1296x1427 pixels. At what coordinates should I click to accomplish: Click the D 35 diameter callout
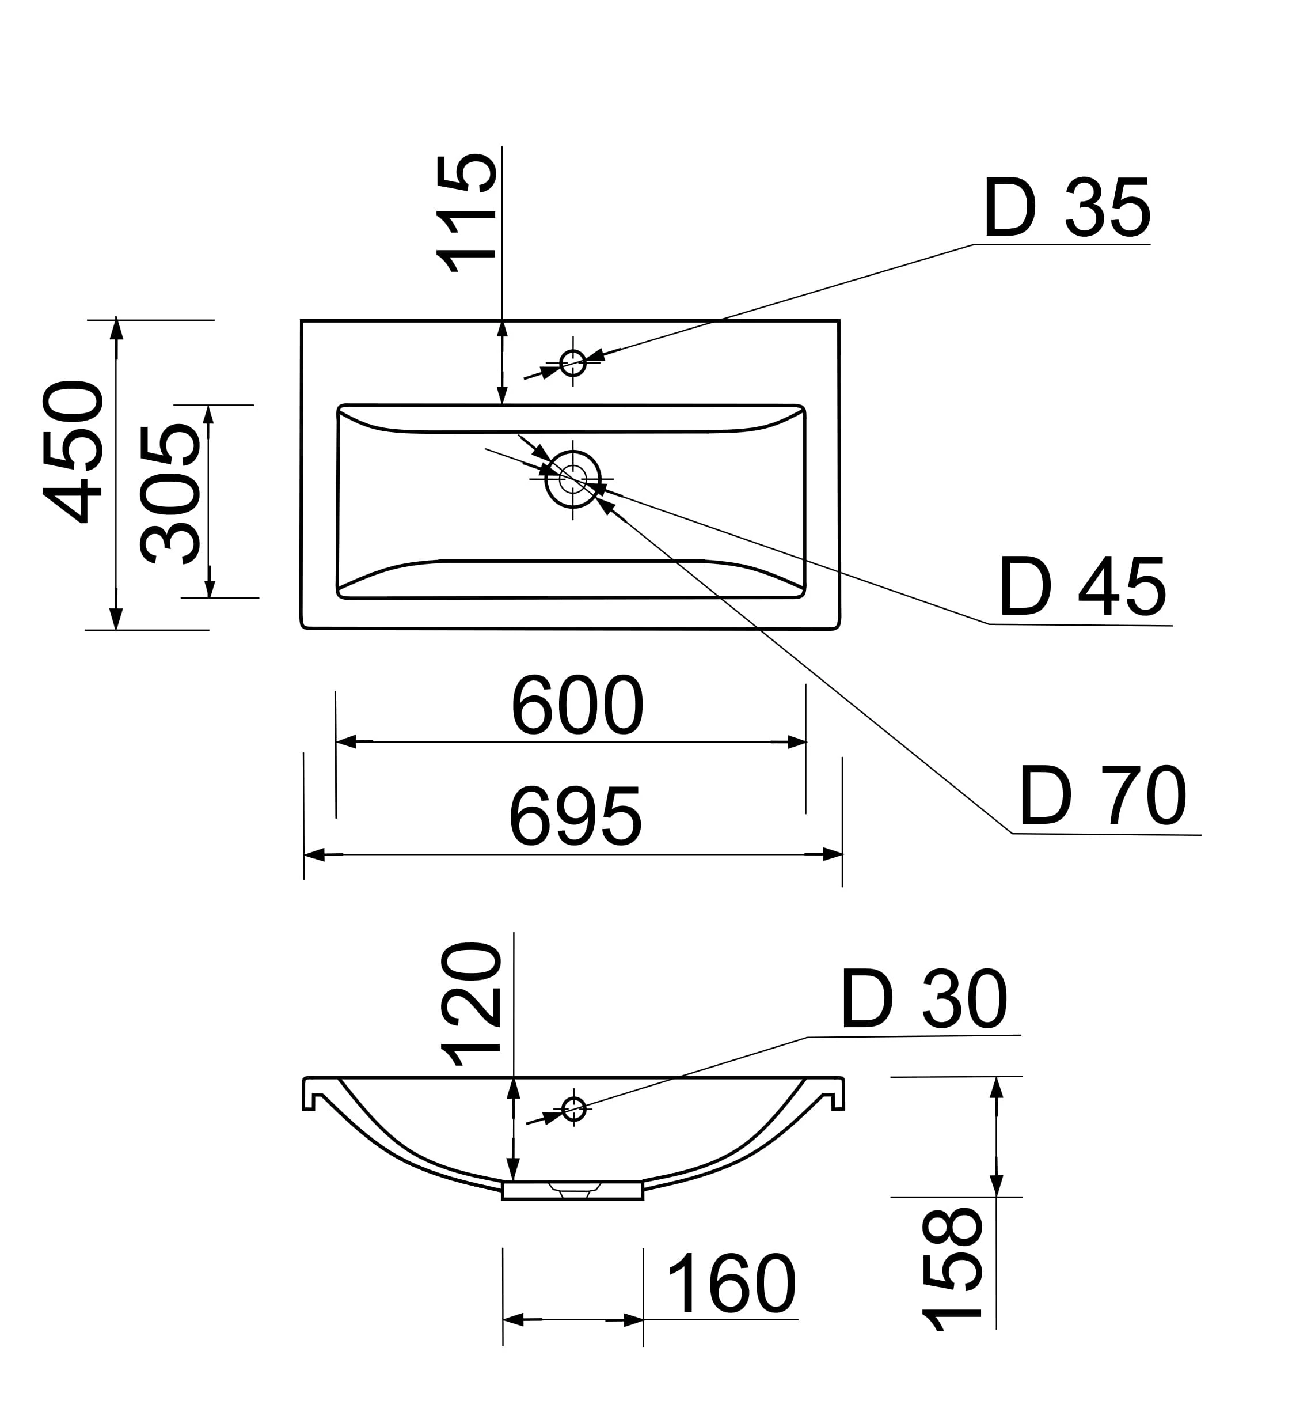(x=1067, y=207)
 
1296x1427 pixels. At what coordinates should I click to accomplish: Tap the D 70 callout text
(x=1103, y=796)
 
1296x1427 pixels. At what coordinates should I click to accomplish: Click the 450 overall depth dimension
(x=74, y=452)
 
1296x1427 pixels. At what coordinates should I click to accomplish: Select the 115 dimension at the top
(x=467, y=214)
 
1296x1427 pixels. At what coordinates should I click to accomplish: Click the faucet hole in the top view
(x=573, y=362)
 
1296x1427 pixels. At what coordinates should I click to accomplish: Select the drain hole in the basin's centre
(x=573, y=479)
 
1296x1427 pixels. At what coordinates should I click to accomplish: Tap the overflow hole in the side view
(x=573, y=1109)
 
